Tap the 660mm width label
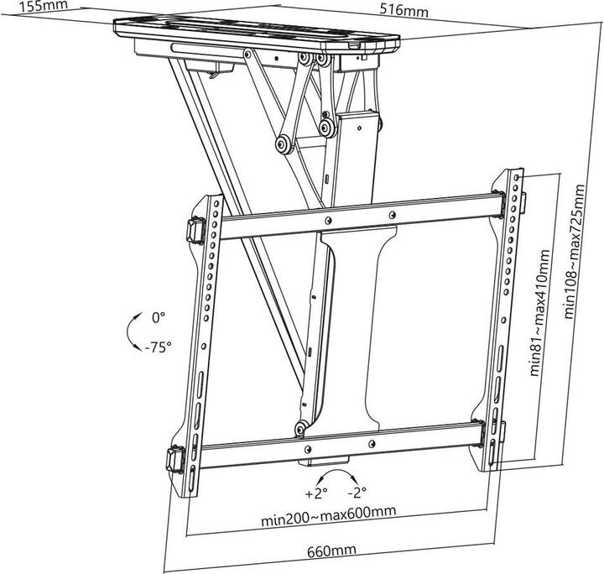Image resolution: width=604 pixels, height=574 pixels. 331,551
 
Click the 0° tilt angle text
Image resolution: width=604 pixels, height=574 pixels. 159,318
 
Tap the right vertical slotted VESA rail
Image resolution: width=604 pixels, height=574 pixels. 504,319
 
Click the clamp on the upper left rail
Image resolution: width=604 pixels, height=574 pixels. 196,228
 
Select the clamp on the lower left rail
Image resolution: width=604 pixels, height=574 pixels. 175,459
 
